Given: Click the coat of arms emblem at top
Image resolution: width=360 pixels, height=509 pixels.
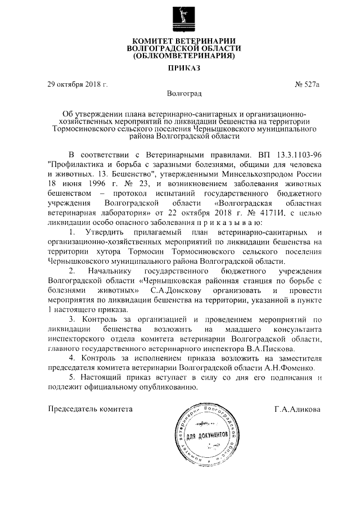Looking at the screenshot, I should point(180,17).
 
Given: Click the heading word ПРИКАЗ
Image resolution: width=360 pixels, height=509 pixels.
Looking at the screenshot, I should point(180,69).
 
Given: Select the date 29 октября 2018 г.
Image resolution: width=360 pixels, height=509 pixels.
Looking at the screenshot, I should point(77,85).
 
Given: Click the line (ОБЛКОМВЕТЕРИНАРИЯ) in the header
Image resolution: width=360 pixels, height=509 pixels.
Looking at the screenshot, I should point(180,56).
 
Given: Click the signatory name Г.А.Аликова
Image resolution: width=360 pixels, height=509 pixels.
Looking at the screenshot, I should point(298,409).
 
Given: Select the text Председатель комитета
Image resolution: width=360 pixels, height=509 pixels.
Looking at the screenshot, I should point(91,409).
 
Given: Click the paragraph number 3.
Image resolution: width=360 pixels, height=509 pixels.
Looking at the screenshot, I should point(71,319).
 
